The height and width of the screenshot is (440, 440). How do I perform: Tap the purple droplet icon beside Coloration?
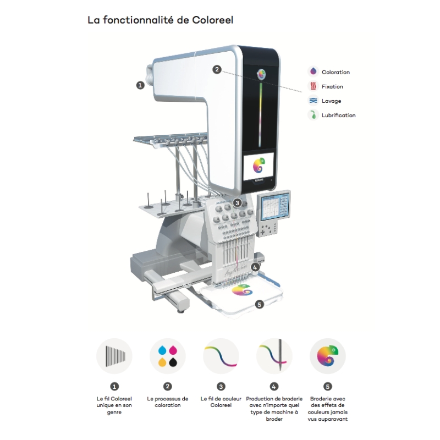click(313, 71)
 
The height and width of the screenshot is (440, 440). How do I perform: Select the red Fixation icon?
click(313, 86)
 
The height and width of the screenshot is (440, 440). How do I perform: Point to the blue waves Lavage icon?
click(313, 101)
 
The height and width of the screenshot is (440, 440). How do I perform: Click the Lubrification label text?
click(338, 116)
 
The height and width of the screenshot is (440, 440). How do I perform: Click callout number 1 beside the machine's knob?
click(140, 85)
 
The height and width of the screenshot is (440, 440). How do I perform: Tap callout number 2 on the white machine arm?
click(217, 70)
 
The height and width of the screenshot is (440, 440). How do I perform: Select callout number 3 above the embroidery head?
click(237, 202)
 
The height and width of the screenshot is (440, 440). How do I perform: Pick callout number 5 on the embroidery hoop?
click(260, 303)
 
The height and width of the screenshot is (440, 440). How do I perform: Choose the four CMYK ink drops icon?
click(168, 356)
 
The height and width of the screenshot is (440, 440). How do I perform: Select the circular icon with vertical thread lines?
click(114, 356)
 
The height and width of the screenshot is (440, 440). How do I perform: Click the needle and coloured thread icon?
click(274, 356)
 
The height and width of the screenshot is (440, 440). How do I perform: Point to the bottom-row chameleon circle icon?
click(328, 356)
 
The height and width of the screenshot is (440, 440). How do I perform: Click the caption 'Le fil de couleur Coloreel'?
click(221, 402)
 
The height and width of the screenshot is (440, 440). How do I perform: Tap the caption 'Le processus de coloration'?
click(168, 402)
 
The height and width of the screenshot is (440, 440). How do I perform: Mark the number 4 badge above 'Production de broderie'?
click(274, 386)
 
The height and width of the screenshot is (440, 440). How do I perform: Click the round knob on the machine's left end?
click(149, 73)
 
